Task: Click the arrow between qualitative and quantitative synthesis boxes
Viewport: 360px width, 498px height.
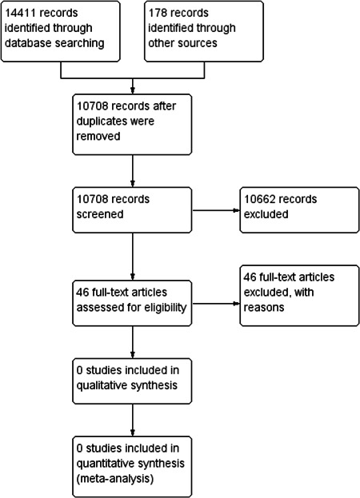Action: pos(134,420)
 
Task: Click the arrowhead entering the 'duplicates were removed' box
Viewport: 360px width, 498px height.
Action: pos(134,90)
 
